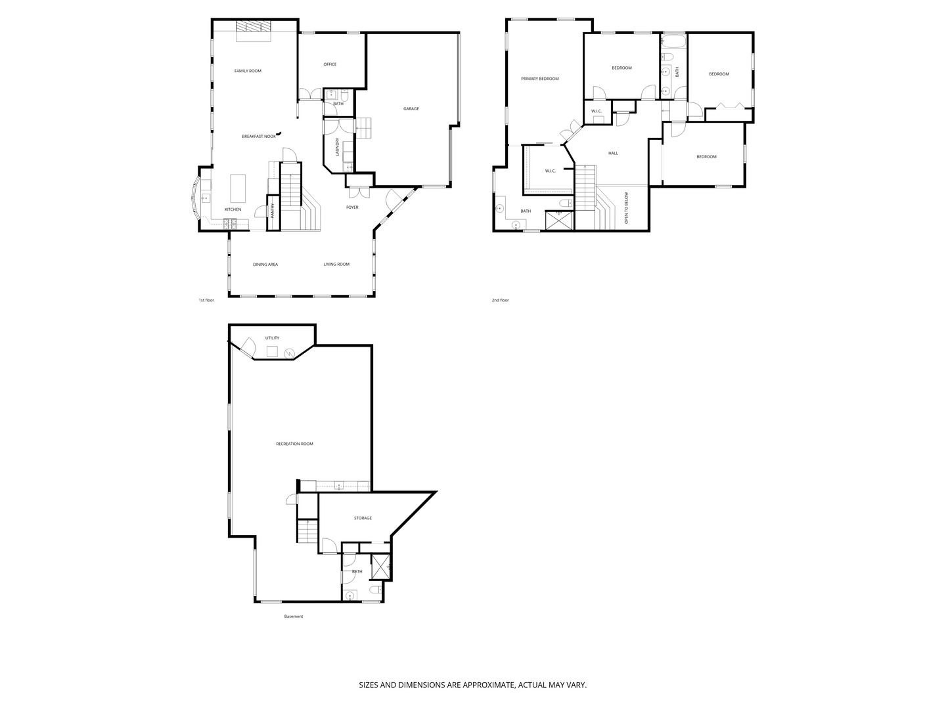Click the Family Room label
pos(248,71)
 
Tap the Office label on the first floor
pos(330,64)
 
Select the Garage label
pos(411,109)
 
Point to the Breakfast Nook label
pos(259,136)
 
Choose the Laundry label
pos(338,146)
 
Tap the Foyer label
pos(352,207)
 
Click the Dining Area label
pos(265,265)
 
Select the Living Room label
pos(336,265)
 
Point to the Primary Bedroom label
pos(539,79)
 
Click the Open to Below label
pos(626,208)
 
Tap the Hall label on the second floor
pos(613,154)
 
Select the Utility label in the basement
pos(272,338)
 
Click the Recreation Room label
pos(294,444)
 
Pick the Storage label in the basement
pos(363,518)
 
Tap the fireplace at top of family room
pos(253,27)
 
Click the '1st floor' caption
pos(206,300)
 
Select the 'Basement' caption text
pos(294,616)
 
